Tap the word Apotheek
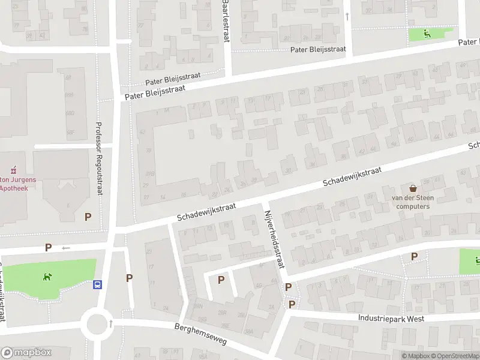tap(14, 187)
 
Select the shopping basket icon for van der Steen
tap(412, 188)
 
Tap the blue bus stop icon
tap(97, 285)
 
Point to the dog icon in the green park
tap(46, 277)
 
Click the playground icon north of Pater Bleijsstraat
tap(427, 34)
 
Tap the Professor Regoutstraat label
tap(99, 158)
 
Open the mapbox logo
tap(26, 352)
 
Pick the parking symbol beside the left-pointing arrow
tap(48, 247)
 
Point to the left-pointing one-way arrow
tap(65, 248)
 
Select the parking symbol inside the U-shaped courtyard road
tap(221, 280)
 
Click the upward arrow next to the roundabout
tap(110, 324)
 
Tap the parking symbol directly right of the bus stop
tap(129, 278)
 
